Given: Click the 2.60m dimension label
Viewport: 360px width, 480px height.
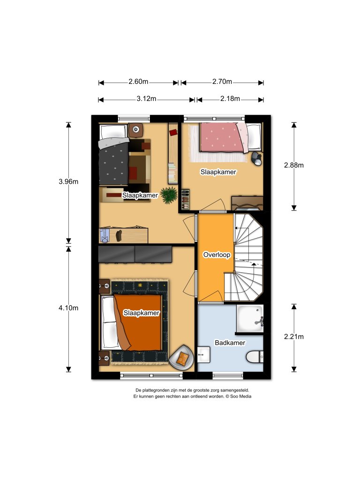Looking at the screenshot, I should coord(138,82).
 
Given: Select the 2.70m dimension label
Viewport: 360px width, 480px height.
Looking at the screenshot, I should coord(222,82).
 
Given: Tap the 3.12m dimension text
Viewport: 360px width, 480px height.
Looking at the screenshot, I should coord(146,99).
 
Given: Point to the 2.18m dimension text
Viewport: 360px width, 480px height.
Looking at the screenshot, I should coord(230,99).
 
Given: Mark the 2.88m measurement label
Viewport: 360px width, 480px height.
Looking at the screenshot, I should coord(294,165).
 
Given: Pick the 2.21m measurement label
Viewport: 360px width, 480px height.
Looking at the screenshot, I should coord(294,337).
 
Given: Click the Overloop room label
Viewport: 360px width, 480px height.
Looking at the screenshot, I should coord(216,255).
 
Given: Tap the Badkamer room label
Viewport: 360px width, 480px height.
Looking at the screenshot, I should coord(230,343).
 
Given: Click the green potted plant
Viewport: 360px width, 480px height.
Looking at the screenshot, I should coord(168,195).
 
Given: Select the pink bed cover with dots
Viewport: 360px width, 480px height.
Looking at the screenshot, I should coord(220,137).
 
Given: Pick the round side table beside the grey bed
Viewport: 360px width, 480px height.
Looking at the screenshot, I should coord(136,130).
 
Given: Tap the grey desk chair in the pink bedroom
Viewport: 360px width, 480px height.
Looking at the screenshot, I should coord(256,158).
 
